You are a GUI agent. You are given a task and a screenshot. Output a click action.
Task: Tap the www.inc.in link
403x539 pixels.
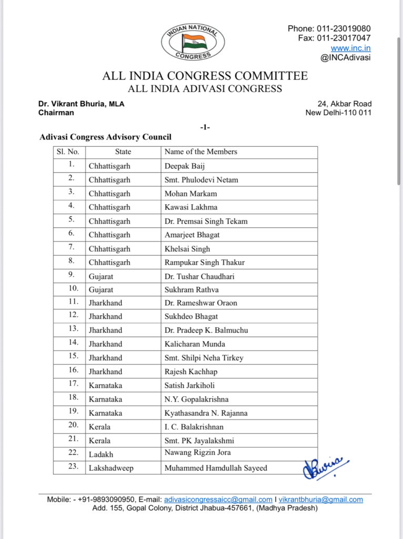click(x=350, y=48)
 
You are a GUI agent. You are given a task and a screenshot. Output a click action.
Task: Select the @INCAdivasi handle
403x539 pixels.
click(x=345, y=58)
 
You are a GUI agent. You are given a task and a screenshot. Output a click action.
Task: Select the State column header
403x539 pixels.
click(x=123, y=152)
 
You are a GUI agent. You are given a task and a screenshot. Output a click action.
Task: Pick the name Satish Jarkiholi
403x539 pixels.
click(x=189, y=385)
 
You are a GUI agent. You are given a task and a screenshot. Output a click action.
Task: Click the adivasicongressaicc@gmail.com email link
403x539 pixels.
click(x=218, y=500)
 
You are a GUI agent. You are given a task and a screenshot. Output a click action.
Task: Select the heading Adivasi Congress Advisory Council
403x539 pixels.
click(x=105, y=137)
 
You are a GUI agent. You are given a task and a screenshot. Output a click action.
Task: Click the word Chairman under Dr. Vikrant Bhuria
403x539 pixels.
click(x=56, y=113)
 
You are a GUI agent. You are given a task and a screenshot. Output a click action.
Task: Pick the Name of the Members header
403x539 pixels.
click(x=200, y=152)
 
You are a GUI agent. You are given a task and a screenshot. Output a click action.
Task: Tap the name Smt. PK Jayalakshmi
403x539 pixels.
click(x=199, y=441)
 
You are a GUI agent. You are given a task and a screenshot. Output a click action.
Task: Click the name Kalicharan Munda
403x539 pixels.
click(x=195, y=344)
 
